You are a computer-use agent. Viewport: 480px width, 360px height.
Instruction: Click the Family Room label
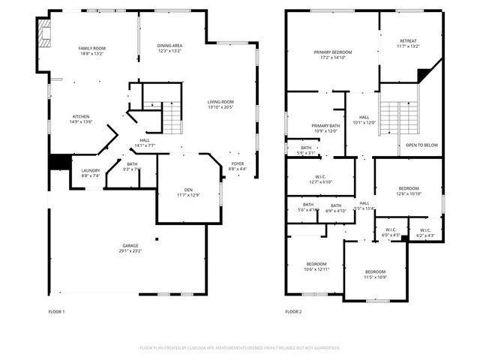click(91, 48)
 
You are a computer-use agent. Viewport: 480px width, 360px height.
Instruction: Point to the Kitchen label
click(81, 116)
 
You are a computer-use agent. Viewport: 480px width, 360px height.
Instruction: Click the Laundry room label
click(91, 171)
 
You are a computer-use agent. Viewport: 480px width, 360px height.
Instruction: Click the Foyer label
click(237, 163)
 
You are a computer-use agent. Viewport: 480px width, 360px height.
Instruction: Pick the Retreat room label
click(408, 41)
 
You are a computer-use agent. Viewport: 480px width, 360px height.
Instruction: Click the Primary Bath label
click(325, 126)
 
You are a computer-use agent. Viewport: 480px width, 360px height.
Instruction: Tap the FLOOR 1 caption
click(57, 311)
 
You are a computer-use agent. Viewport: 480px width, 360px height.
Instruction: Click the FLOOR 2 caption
click(293, 311)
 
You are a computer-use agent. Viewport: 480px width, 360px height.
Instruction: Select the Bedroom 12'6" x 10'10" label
click(409, 188)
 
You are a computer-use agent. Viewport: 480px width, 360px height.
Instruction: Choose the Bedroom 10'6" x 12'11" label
click(316, 264)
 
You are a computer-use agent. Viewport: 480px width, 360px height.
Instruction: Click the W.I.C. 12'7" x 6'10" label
click(320, 178)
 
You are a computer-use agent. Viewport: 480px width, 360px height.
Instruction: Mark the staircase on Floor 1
click(173, 116)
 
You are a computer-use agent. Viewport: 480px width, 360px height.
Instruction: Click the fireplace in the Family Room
click(43, 34)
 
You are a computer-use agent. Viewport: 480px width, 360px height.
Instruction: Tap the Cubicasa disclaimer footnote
click(240, 348)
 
